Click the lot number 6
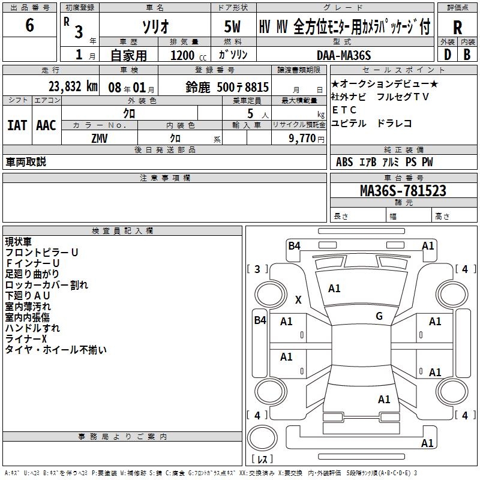click(30, 26)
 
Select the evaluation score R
click(457, 28)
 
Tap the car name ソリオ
click(154, 27)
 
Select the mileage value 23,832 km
click(73, 86)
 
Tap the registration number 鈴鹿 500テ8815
click(227, 87)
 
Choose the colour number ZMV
click(100, 138)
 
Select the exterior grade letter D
click(448, 55)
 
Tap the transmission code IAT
click(17, 125)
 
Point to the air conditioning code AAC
click(46, 125)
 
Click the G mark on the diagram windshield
click(379, 316)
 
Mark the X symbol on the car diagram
click(298, 299)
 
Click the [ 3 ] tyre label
click(257, 269)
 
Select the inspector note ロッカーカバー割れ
click(46, 285)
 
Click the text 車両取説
click(26, 161)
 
